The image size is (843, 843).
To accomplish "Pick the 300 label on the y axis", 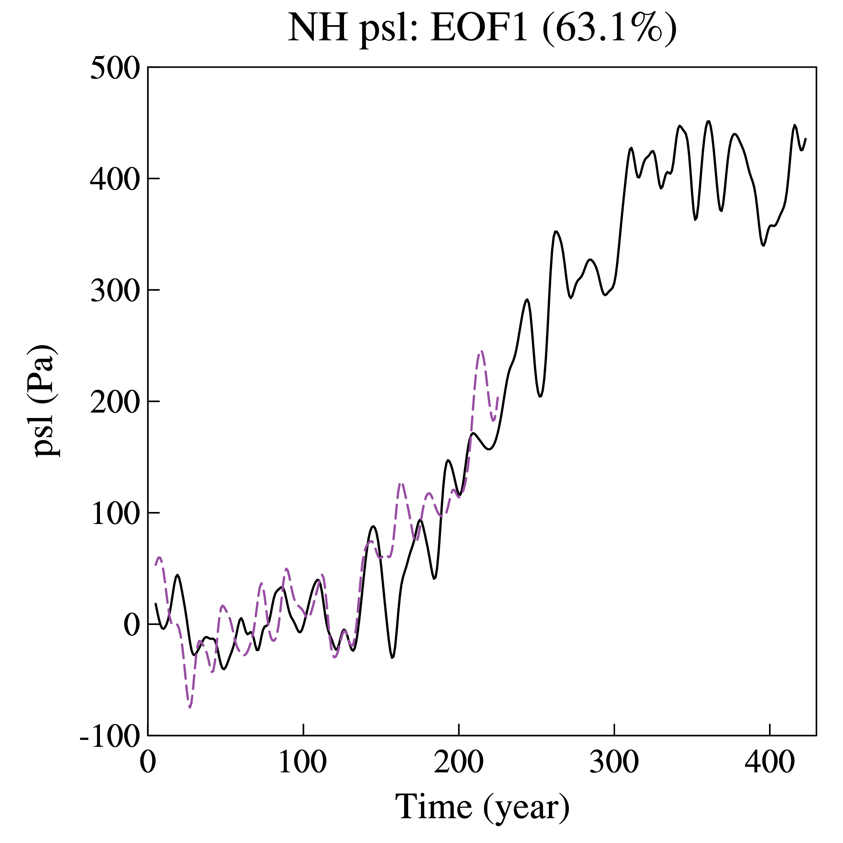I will coord(115,291).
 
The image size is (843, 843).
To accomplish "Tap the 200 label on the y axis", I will coord(115,402).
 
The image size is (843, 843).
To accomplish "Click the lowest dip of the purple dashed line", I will coord(190,707).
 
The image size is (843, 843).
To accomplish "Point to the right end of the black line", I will coord(805,139).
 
